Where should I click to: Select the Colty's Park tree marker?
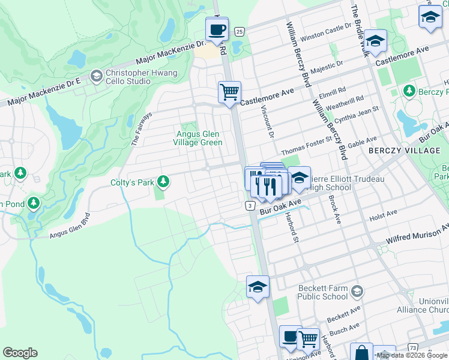click(162, 182)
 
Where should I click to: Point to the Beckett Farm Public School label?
click(323, 292)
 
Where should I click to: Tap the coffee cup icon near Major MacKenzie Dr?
click(217, 29)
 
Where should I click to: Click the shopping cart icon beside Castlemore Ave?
click(229, 92)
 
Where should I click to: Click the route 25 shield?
click(239, 31)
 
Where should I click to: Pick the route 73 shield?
click(412, 347)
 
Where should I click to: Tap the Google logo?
click(20, 353)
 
